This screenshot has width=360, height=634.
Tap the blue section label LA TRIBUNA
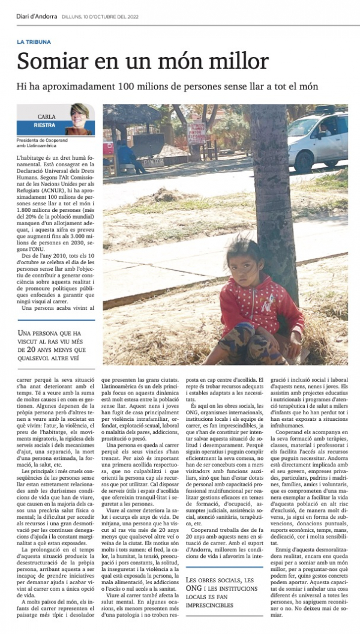[34, 42]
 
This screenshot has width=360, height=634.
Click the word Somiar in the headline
[50, 61]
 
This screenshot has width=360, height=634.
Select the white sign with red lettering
[196, 133]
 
